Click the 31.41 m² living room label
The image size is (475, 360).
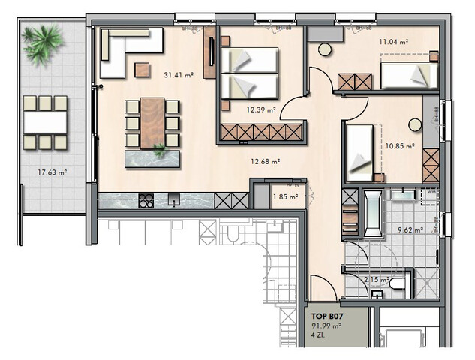point(179,74)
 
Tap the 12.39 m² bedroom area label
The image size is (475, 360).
point(261,109)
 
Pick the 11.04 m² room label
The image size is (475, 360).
point(394,43)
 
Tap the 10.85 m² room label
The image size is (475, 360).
point(400,147)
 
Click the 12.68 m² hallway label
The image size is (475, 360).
point(265,160)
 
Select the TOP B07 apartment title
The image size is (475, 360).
point(328,317)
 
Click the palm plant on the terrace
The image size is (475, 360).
point(43,43)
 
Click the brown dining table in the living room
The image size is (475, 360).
point(152,122)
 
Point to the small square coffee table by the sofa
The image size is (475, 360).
point(142,70)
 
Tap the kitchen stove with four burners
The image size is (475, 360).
point(146,200)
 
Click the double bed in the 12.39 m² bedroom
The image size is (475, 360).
point(250,73)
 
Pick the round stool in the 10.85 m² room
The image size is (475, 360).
point(414,124)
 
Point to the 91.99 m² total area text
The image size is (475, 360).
point(326,327)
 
